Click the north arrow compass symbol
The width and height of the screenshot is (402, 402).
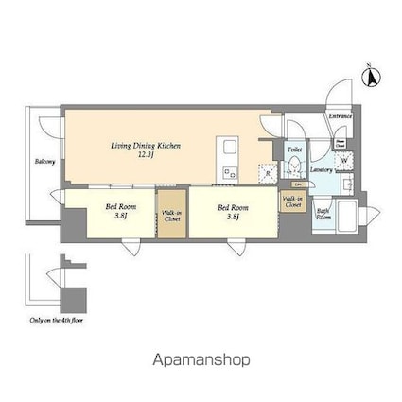point(371,75)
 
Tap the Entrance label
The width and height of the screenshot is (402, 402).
point(341,116)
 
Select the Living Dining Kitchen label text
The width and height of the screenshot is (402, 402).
point(146,149)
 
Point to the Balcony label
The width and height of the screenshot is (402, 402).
point(44,162)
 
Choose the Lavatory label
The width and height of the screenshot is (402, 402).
point(321,169)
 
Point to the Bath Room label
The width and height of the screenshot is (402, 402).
point(323,214)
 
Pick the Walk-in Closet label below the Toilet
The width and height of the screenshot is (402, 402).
point(293,201)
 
